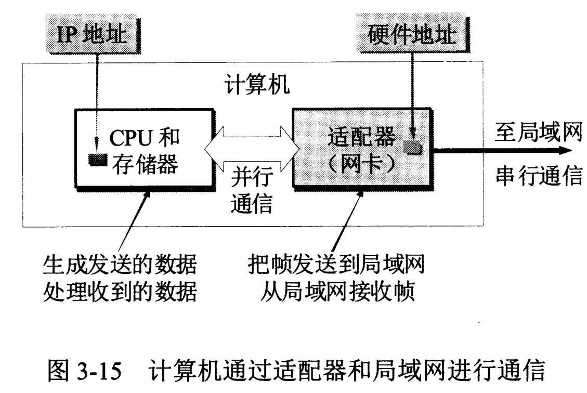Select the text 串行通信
(x=536, y=177)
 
